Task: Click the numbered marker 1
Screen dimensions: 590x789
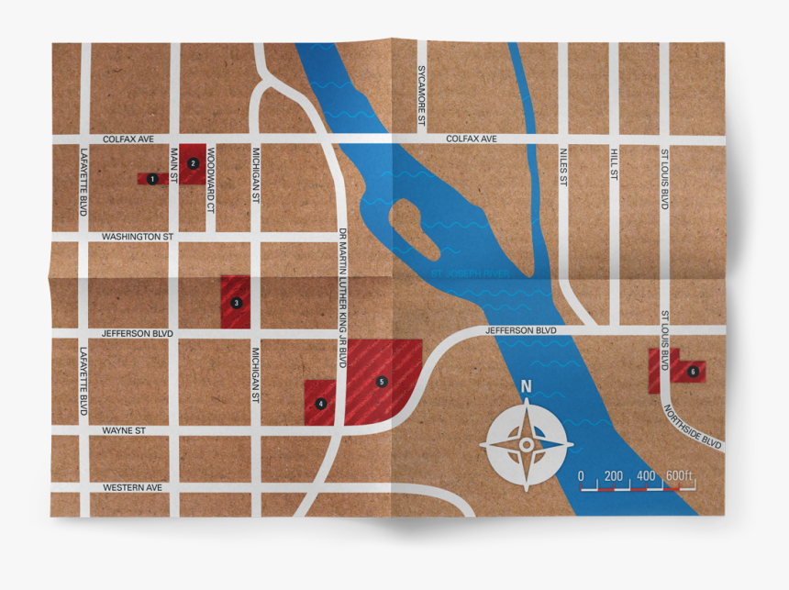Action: pos(152,179)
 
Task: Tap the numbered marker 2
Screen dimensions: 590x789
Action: pos(193,163)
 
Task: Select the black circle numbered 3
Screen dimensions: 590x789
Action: pos(236,302)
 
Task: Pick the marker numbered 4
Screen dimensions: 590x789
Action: pos(320,403)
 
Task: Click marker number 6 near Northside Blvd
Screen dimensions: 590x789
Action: pos(693,372)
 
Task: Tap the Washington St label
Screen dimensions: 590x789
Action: pos(138,237)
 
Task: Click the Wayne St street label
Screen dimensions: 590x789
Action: pos(124,429)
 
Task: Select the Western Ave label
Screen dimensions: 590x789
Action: pos(132,487)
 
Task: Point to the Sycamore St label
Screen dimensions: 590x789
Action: pos(422,95)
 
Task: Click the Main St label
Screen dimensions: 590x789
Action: pos(173,164)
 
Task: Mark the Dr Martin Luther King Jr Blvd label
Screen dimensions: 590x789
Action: pos(342,297)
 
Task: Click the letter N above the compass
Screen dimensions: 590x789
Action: pos(526,387)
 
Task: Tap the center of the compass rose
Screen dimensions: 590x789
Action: pos(526,445)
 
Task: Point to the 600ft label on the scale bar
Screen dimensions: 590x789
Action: pos(680,475)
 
